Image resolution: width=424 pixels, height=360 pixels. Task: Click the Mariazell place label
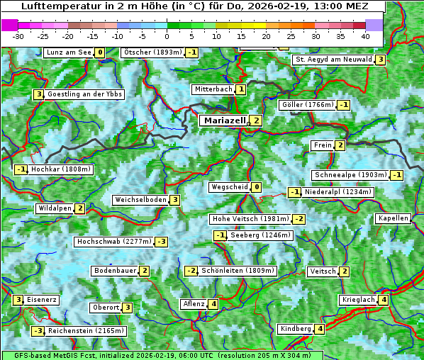point(224,120)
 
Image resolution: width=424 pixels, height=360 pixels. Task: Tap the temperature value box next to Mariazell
point(256,120)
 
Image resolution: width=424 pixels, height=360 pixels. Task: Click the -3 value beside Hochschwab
point(162,242)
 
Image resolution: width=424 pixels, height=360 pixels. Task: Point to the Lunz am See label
point(68,52)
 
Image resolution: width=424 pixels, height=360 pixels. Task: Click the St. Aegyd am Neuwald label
point(333,60)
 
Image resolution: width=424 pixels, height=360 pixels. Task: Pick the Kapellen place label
point(394,218)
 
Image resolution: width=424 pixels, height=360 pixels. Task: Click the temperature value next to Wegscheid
point(256,188)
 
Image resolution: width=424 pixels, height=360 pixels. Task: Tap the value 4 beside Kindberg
point(320,329)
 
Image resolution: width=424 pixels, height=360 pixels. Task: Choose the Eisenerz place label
point(42,300)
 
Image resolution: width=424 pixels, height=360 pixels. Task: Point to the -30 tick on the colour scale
point(18,36)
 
